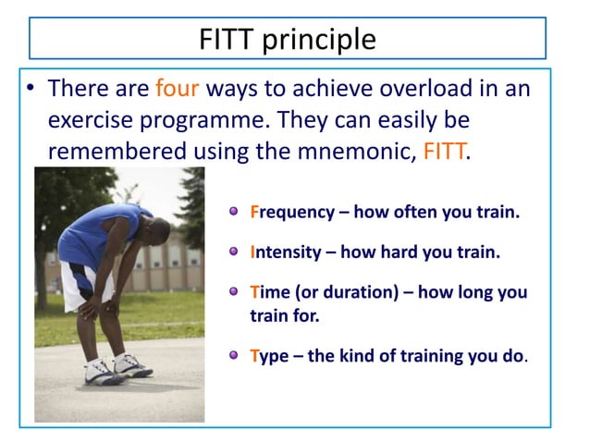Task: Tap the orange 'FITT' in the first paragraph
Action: (x=445, y=151)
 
